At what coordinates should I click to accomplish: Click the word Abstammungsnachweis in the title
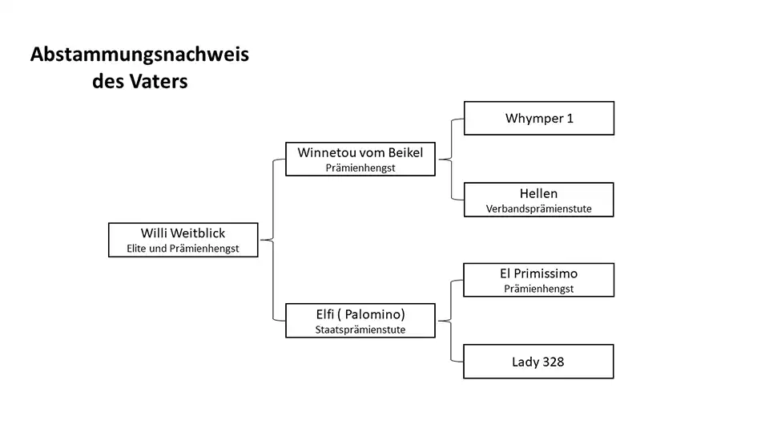[139, 55]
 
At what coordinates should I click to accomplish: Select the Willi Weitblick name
[183, 233]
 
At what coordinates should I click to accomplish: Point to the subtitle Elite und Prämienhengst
[183, 249]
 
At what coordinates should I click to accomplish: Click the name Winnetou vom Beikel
[360, 152]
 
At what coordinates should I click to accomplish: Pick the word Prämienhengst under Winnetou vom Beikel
[360, 168]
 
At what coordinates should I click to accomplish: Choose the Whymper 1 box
[538, 118]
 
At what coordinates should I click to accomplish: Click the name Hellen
[538, 193]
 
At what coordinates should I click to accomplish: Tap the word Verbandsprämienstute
[538, 208]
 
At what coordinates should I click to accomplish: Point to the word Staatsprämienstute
[360, 330]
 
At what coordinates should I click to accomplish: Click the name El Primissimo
[538, 273]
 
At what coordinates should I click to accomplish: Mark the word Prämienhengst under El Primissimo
[538, 289]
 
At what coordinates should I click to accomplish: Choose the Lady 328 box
[538, 362]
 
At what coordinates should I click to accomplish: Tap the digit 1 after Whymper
[570, 118]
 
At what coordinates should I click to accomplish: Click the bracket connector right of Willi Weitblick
[273, 240]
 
